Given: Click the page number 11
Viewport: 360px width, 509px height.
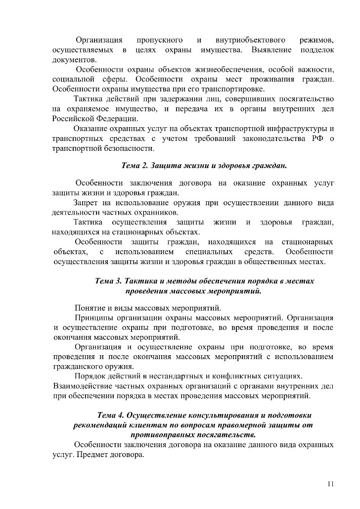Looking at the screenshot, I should click(x=331, y=484).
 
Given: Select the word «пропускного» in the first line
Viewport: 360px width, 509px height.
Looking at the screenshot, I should click(x=159, y=40).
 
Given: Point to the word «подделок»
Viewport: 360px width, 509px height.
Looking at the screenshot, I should click(x=314, y=50).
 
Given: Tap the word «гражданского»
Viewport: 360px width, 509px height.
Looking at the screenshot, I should click(x=78, y=367).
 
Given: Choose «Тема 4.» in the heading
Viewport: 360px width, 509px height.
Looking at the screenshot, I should click(x=111, y=415).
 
